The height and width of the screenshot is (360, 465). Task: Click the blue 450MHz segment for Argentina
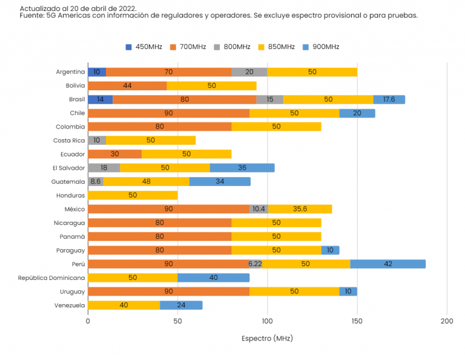(97, 72)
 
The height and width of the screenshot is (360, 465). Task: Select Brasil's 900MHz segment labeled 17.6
(389, 99)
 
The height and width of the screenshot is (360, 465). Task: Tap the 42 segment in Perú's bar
(387, 264)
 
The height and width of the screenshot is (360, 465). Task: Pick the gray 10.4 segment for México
(259, 209)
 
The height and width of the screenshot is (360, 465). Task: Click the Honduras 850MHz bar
(133, 195)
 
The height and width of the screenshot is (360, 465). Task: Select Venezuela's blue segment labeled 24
(181, 305)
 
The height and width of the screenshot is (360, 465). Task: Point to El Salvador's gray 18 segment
(104, 168)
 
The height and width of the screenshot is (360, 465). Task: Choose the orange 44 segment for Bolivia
(127, 85)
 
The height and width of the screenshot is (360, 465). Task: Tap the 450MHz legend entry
(143, 47)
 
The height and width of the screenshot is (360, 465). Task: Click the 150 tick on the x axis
(357, 321)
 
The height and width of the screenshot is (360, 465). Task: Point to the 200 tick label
(447, 321)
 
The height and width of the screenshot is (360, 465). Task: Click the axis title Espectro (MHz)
(267, 338)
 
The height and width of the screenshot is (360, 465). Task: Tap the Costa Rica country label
(69, 141)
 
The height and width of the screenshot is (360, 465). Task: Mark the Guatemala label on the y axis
(68, 181)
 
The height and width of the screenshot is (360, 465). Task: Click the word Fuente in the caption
(32, 15)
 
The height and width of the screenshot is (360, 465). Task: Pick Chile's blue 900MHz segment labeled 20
(357, 113)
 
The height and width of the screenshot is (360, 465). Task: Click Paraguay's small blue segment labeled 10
(330, 250)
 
